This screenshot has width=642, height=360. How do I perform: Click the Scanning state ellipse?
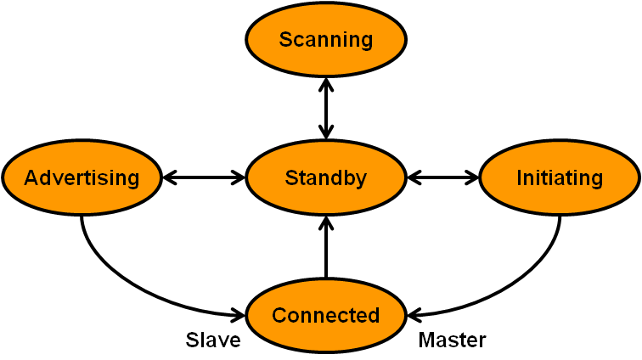(326, 39)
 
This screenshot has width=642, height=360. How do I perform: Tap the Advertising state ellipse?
(82, 178)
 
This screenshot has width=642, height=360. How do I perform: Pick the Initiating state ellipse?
(560, 178)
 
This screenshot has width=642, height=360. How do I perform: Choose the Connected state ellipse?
(326, 315)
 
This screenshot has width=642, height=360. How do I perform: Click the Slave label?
(213, 340)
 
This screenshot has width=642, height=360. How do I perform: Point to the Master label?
(453, 340)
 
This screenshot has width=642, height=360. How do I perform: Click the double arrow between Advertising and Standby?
(204, 178)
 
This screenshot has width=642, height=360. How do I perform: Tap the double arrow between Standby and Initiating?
(443, 178)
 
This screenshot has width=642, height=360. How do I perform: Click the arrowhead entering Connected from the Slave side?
(239, 315)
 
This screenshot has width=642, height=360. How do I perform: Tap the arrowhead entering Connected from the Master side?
(414, 315)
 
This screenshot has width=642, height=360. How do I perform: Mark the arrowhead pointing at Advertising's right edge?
(169, 178)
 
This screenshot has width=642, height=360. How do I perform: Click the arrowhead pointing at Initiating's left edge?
(473, 178)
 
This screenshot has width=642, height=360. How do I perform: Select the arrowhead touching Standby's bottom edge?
(326, 222)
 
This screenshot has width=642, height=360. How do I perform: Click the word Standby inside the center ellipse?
(326, 178)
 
